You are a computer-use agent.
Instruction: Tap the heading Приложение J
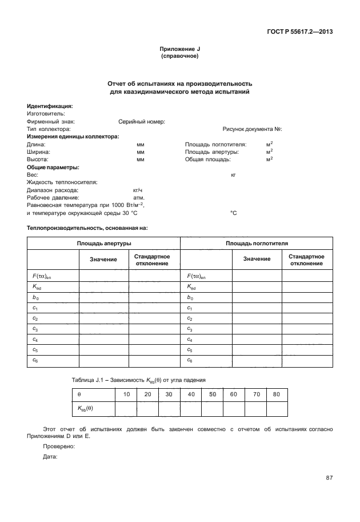click(x=179, y=50)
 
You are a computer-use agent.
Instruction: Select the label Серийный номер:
click(x=142, y=122)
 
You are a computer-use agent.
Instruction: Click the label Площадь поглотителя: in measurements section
click(x=215, y=145)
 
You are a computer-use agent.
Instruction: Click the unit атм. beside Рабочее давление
click(x=138, y=197)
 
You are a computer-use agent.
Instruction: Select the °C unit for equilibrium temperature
click(x=233, y=213)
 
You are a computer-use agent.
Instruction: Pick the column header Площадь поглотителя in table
click(x=257, y=244)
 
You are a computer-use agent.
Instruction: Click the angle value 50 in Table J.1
click(x=212, y=395)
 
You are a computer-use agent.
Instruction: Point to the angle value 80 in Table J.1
click(x=277, y=395)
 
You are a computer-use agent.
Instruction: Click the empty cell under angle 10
click(x=126, y=409)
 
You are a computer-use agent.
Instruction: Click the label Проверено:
click(x=59, y=446)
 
